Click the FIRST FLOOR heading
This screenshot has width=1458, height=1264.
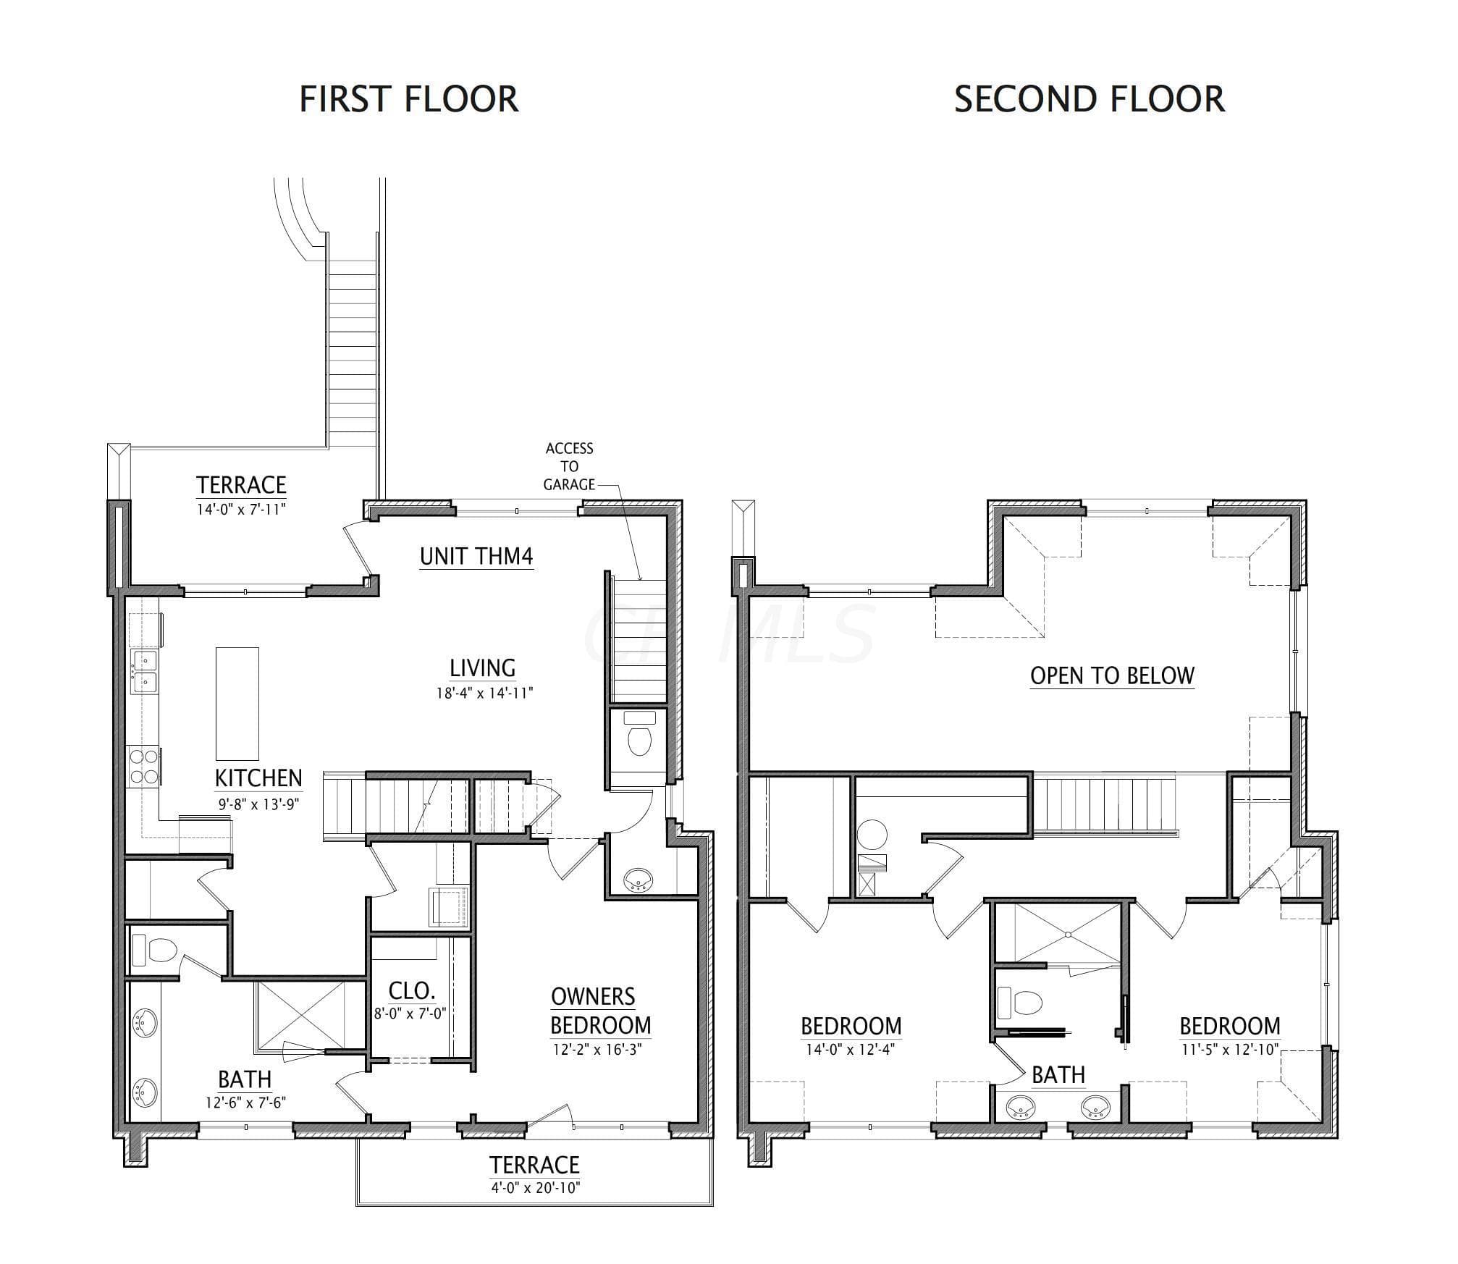click(x=409, y=99)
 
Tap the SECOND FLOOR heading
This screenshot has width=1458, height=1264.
click(x=1090, y=99)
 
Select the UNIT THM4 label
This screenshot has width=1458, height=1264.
click(x=476, y=557)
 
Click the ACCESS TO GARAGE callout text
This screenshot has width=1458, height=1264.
click(x=569, y=467)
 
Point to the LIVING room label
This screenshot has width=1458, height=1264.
click(x=483, y=668)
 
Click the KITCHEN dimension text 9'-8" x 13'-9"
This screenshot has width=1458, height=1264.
click(x=259, y=804)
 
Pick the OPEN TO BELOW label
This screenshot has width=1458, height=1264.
click(x=1112, y=675)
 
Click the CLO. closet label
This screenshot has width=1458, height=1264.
click(x=411, y=990)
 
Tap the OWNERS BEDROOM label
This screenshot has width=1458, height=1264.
click(x=600, y=1011)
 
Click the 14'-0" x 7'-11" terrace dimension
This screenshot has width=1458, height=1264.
click(x=242, y=509)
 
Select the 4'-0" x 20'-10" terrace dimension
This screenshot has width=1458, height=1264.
click(x=535, y=1188)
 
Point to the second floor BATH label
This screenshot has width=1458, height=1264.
click(x=1058, y=1076)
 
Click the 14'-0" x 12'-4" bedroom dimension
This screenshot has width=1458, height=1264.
click(x=851, y=1050)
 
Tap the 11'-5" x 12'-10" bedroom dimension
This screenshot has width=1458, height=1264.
click(x=1230, y=1049)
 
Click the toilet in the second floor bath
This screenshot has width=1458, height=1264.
click(x=1020, y=1003)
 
